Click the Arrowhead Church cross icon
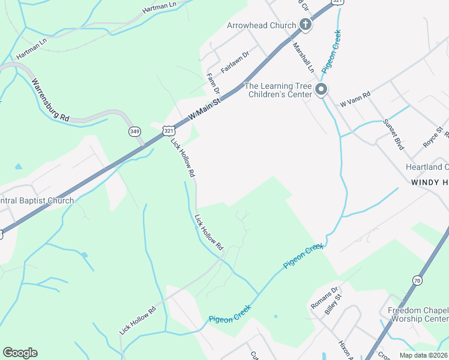point(305,25)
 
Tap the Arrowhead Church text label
point(262,25)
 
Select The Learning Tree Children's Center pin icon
point(321,91)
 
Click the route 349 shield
point(135,131)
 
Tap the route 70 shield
point(418,280)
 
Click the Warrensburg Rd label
point(50,101)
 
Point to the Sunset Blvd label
point(393,133)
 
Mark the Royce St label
point(433,137)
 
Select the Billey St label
point(333,304)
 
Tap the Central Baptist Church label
point(37,201)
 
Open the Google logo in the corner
point(20,353)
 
